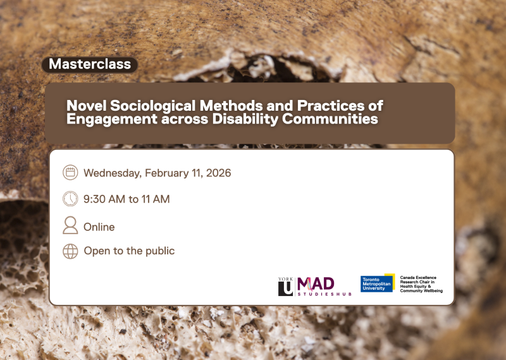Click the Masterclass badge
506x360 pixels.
point(90,64)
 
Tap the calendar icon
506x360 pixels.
point(70,173)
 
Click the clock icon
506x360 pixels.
point(70,199)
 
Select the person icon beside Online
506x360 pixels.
point(70,226)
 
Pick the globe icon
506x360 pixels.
point(70,251)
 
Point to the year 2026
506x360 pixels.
point(218,173)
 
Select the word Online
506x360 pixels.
point(99,227)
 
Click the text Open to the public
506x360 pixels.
point(129,251)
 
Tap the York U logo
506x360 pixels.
point(285,286)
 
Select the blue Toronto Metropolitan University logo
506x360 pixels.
point(378,283)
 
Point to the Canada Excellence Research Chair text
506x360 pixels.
point(421,284)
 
